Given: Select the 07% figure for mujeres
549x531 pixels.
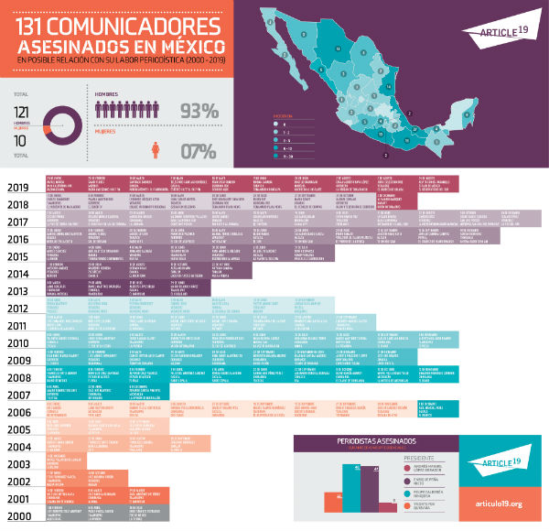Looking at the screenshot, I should (x=199, y=151).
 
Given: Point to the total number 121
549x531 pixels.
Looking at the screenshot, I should (x=24, y=111).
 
